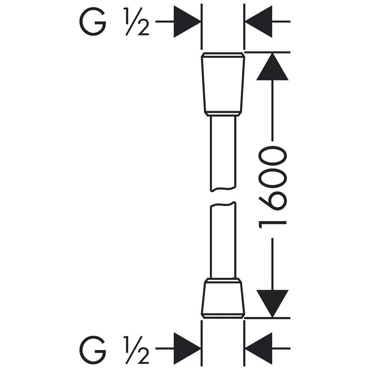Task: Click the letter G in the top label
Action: [92, 22]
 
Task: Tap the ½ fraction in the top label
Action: [137, 23]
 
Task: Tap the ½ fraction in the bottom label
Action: [137, 350]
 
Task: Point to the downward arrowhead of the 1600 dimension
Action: [272, 303]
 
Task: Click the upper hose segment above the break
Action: [223, 152]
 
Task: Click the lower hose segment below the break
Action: [223, 240]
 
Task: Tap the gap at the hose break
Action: [223, 197]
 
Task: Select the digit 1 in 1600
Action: [273, 224]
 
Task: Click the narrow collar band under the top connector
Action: [223, 114]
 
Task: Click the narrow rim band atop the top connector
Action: [223, 55]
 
